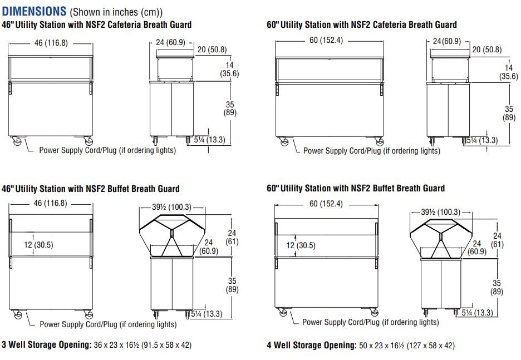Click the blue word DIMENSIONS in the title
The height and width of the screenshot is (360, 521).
34,11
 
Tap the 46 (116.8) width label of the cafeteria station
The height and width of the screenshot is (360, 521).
51,43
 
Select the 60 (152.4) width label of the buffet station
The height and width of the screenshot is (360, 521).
326,204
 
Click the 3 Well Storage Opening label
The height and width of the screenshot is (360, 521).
47,345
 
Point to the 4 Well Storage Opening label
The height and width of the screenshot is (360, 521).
312,345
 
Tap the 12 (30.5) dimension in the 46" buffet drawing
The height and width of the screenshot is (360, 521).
38,245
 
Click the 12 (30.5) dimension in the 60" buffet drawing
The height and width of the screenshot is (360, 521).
301,245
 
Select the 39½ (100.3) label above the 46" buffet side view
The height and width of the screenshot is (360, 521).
172,207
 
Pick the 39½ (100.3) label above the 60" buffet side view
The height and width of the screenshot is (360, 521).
441,212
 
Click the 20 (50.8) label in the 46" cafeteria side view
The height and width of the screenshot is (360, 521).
212,50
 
